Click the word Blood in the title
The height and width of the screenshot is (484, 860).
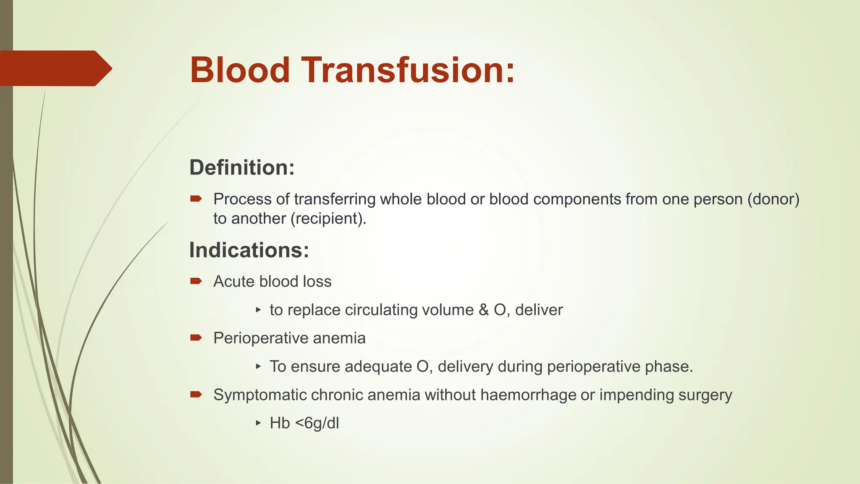(240, 70)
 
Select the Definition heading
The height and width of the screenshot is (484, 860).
(242, 168)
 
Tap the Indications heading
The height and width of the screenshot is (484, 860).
(249, 250)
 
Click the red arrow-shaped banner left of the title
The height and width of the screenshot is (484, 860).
(55, 68)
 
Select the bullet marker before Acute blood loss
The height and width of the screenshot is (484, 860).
(196, 281)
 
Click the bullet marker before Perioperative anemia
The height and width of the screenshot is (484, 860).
(196, 338)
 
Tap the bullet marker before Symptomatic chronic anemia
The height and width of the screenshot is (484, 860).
(196, 395)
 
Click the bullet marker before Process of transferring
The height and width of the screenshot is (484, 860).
(196, 199)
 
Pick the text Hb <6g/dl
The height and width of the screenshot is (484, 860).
(304, 423)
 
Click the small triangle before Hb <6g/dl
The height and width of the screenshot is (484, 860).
(258, 423)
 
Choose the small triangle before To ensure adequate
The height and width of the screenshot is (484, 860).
(258, 366)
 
